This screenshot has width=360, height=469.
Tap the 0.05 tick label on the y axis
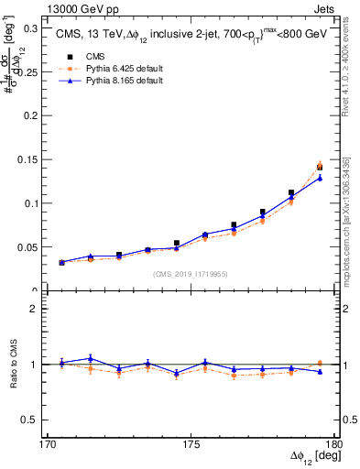(x=29, y=247)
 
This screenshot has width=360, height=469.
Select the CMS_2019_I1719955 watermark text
(x=191, y=273)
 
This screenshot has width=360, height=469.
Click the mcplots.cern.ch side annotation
(x=348, y=220)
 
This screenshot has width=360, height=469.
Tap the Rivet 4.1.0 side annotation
(x=348, y=64)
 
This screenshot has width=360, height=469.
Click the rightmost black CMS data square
(x=320, y=168)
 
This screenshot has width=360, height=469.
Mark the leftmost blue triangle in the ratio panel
(x=61, y=363)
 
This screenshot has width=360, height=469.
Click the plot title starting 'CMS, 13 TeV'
(x=191, y=34)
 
